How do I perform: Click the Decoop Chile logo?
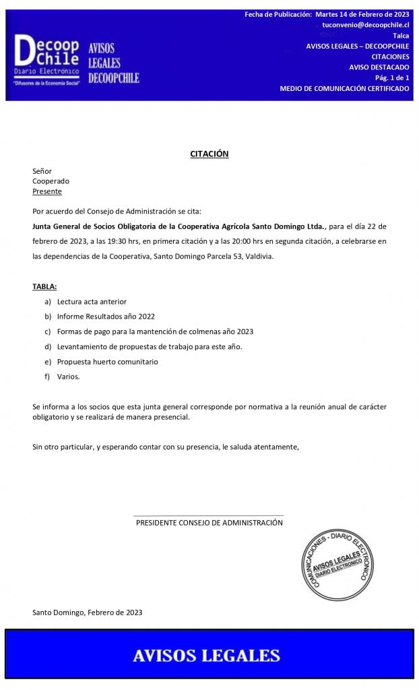coord(47,60)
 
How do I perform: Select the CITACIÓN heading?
coord(209,154)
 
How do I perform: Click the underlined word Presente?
coord(47,191)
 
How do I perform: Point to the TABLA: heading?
coord(44,286)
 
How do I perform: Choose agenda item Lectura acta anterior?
coord(92,301)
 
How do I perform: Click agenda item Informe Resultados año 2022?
coord(106,316)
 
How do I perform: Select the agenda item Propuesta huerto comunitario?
coord(107,362)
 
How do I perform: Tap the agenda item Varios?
coord(68,377)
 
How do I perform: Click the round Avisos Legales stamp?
coord(337,563)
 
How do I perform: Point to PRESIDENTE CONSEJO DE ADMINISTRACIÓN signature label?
coord(209,523)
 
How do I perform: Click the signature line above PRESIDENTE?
coord(209,515)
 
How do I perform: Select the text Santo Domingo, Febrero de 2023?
coord(87,613)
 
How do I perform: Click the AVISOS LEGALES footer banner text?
coord(206,655)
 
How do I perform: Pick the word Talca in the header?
coord(401,35)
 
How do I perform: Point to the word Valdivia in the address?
coord(259,257)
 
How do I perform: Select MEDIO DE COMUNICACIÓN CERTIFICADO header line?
coord(344,88)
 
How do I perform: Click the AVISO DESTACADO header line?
coord(379,67)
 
